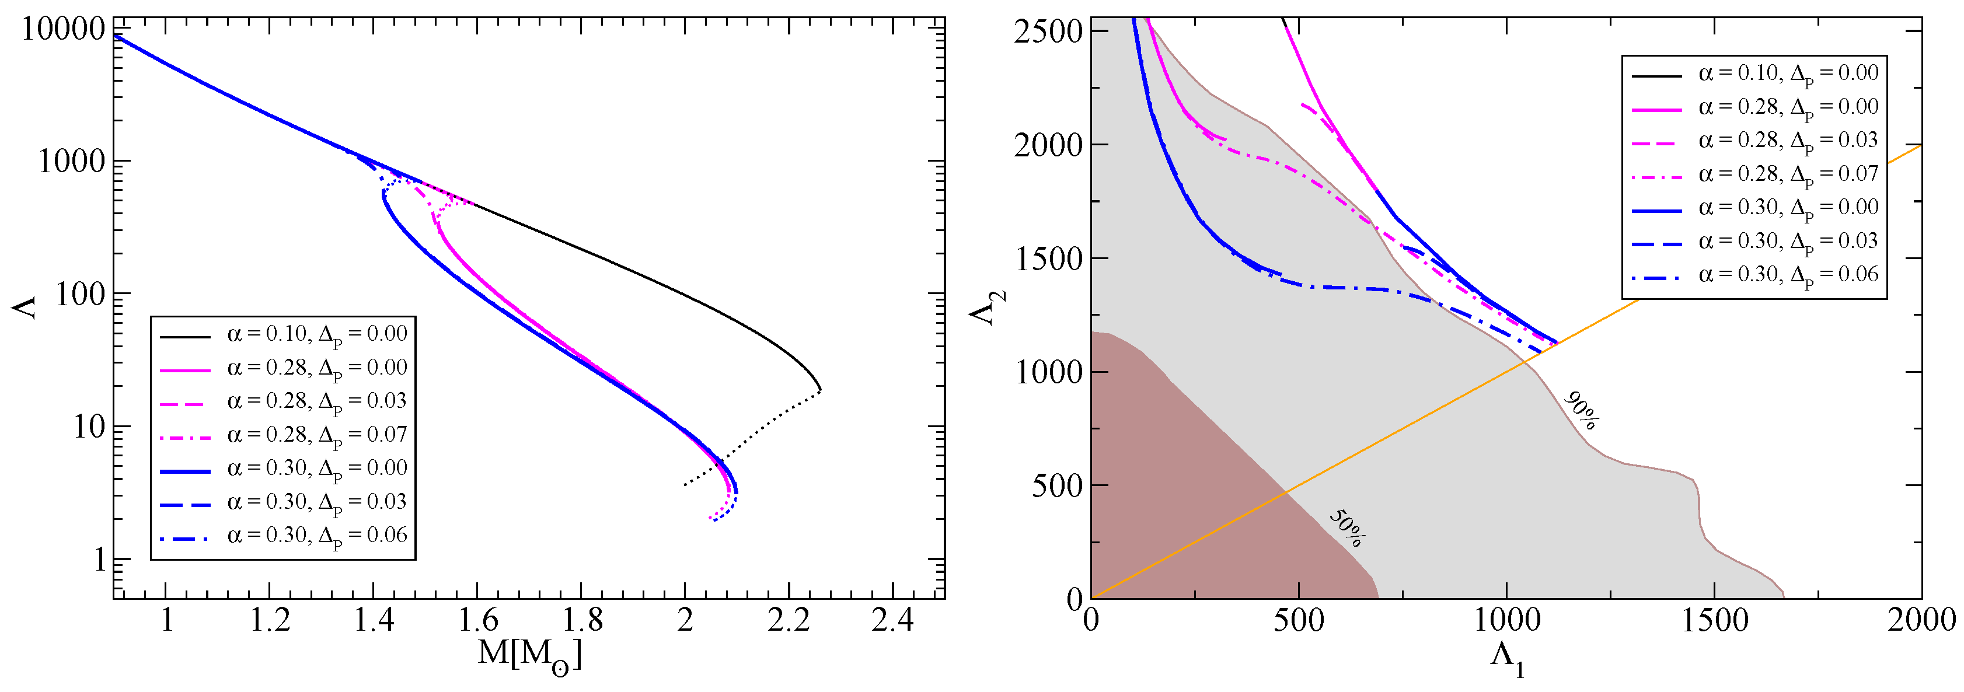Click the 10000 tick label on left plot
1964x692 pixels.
pos(62,29)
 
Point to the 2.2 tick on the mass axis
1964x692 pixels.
pos(789,620)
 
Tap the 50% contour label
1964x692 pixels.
pos(1347,528)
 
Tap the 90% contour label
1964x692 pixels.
pos(1582,411)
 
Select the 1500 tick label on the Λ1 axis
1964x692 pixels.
pos(1714,620)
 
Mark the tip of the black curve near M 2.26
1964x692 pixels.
pos(821,390)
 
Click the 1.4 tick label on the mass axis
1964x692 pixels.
pos(374,620)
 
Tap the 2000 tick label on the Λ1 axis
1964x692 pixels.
pos(1921,620)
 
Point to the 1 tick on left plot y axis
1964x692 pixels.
pos(99,560)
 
